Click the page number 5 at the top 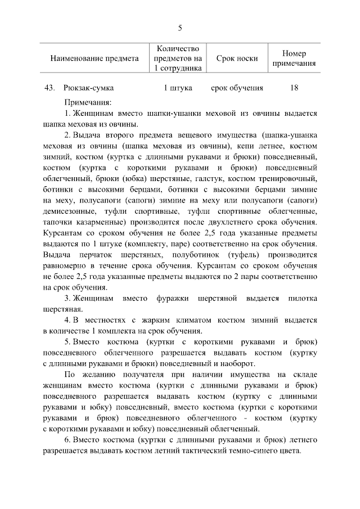click(x=180, y=28)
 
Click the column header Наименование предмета click(x=94, y=58)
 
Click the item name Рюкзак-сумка click(x=89, y=88)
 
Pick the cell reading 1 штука click(x=178, y=88)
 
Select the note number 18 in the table click(x=294, y=88)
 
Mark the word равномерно click(x=68, y=254)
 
